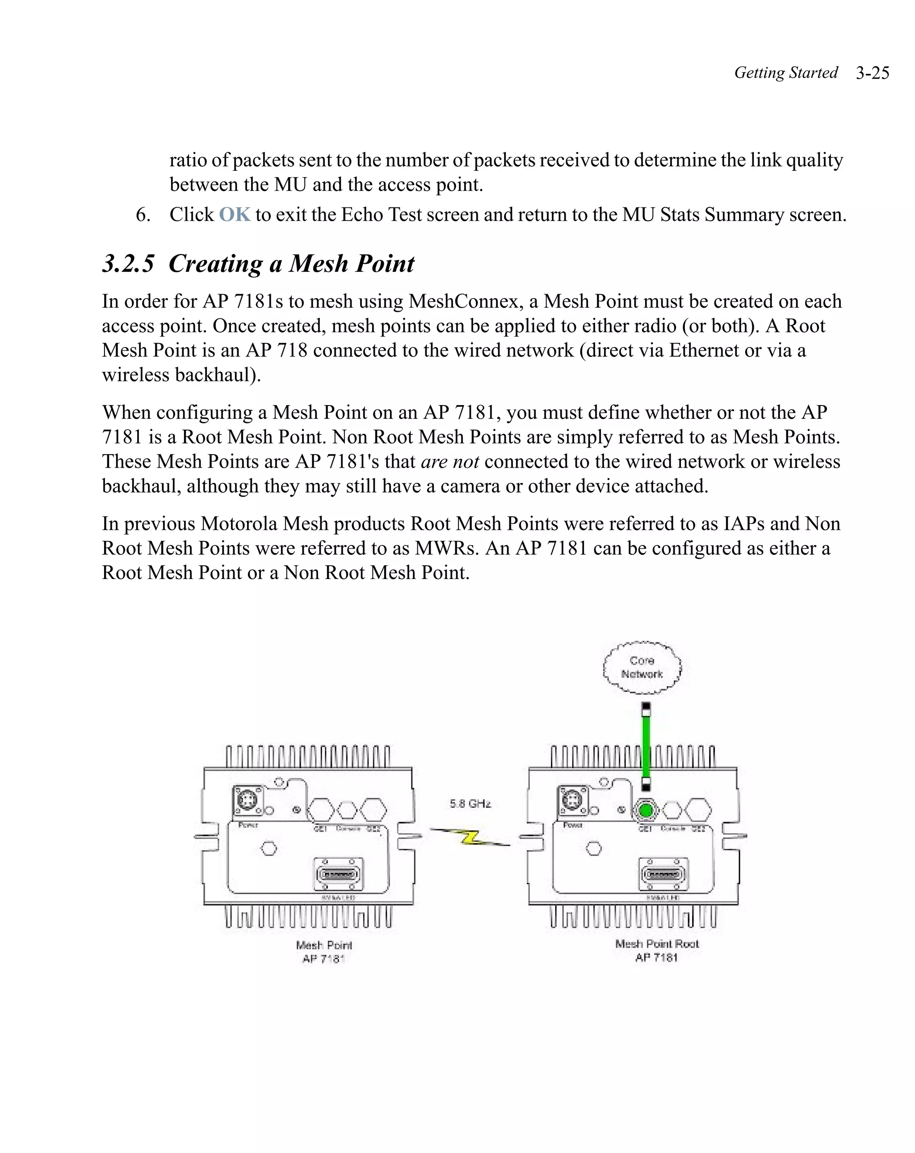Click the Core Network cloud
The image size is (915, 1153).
642,667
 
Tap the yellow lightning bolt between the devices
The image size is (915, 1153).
470,837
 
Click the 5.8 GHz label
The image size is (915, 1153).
470,803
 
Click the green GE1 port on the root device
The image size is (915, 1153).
646,810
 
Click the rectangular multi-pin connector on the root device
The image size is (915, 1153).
664,875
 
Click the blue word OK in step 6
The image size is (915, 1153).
235,215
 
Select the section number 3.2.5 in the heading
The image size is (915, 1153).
128,264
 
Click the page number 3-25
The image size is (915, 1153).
872,73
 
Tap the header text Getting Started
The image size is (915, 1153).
786,73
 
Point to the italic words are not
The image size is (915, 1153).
450,461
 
